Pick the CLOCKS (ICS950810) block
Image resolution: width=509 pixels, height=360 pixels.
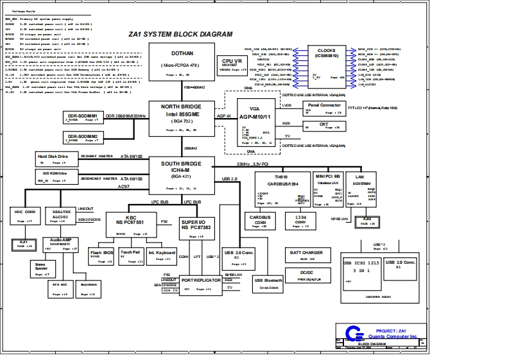(x=327, y=65)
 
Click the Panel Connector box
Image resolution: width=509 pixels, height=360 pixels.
(x=325, y=107)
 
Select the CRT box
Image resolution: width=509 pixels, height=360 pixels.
(x=324, y=126)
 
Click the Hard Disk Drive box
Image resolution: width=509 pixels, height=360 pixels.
(x=56, y=159)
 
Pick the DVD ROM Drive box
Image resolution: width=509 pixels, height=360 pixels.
(x=56, y=176)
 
